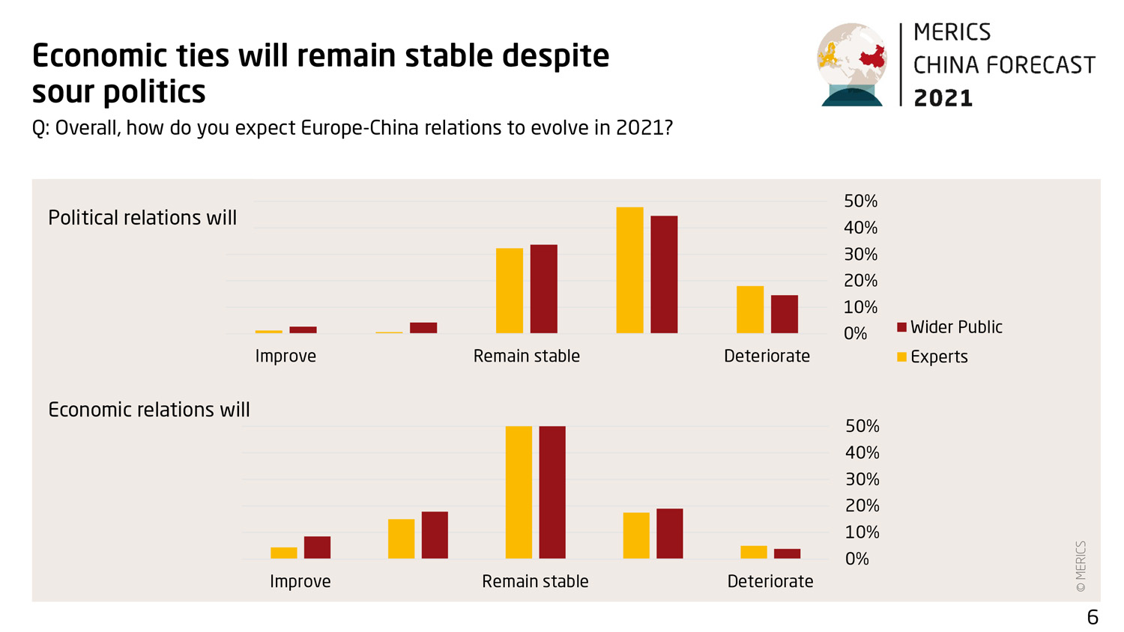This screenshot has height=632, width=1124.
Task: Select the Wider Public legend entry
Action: click(x=949, y=327)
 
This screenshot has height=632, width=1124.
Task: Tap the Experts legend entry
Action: click(x=932, y=357)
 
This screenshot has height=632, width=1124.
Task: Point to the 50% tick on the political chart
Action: click(x=860, y=201)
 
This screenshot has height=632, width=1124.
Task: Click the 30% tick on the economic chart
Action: click(x=862, y=479)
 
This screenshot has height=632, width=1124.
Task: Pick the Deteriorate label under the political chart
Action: click(x=767, y=356)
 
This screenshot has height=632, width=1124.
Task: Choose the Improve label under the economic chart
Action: click(x=300, y=582)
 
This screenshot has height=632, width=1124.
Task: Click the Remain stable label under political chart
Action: click(x=526, y=356)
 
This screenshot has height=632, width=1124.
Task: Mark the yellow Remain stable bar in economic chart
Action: click(x=519, y=492)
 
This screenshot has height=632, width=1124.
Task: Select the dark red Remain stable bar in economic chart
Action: click(x=552, y=492)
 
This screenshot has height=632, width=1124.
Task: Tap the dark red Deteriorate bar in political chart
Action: click(x=785, y=314)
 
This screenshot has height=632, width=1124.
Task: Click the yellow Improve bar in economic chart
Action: click(x=284, y=553)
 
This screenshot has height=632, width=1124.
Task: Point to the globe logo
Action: click(x=852, y=64)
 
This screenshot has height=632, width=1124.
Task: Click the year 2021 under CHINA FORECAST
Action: click(x=943, y=98)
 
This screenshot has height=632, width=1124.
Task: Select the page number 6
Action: click(x=1093, y=617)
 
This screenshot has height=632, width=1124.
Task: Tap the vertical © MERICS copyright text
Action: click(x=1081, y=566)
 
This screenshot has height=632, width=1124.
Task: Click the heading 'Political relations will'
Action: click(x=142, y=218)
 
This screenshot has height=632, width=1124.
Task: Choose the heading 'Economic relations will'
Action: click(x=149, y=410)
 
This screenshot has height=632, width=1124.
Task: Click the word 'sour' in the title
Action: click(x=62, y=92)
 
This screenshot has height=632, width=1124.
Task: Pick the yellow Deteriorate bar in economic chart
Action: click(x=754, y=552)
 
